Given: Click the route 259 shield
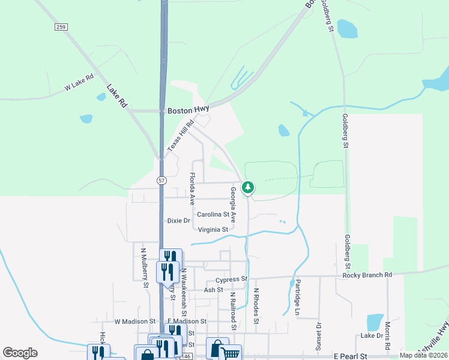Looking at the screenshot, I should (x=60, y=27).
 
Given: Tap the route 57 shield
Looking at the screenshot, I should (x=161, y=180).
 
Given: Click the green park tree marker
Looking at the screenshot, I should (x=247, y=188).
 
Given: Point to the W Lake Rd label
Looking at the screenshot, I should (x=80, y=83).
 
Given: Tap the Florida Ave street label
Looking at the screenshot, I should (x=193, y=187).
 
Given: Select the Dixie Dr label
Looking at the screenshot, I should (x=178, y=221).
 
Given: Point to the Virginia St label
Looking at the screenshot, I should (x=213, y=229).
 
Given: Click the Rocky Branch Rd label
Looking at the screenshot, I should (x=367, y=275).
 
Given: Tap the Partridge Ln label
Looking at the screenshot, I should (x=298, y=296).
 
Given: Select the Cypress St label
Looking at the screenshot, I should (x=231, y=279).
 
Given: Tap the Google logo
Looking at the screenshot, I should (x=20, y=353).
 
